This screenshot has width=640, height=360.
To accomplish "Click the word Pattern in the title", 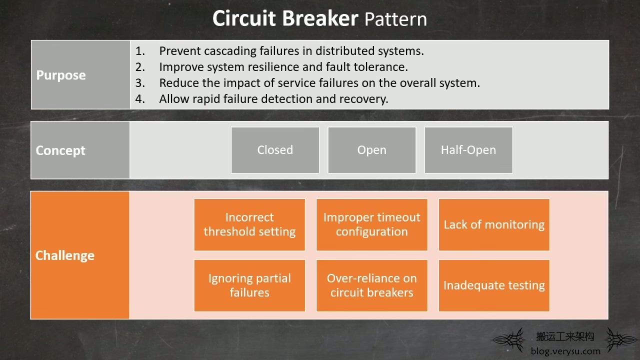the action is [x=395, y=19].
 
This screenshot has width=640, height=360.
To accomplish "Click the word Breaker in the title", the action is [x=320, y=18].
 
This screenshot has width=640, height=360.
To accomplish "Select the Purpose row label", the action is [x=61, y=75].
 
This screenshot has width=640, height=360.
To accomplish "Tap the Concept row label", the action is [x=60, y=150].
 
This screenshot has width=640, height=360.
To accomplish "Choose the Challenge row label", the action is [x=65, y=255].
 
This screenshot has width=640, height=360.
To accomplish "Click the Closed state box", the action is [x=275, y=150].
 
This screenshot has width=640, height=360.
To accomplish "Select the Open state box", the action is [x=371, y=150].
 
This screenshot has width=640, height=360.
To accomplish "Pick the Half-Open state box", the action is [x=468, y=150].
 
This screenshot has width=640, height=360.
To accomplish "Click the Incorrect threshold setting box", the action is [x=249, y=224].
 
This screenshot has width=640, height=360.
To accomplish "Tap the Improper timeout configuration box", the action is [x=371, y=224].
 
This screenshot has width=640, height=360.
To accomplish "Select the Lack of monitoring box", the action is [x=494, y=224].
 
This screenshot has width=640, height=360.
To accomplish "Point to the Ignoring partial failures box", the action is [x=249, y=285].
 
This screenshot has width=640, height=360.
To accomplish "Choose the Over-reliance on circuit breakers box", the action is [x=371, y=285].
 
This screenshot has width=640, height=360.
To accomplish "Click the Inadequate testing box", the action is [x=494, y=285].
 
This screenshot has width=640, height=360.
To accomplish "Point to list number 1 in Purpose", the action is [x=140, y=51].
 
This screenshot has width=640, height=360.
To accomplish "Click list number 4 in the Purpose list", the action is [x=140, y=99].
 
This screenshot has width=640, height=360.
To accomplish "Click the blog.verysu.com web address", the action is [x=565, y=351].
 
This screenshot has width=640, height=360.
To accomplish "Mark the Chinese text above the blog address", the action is [x=565, y=336].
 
